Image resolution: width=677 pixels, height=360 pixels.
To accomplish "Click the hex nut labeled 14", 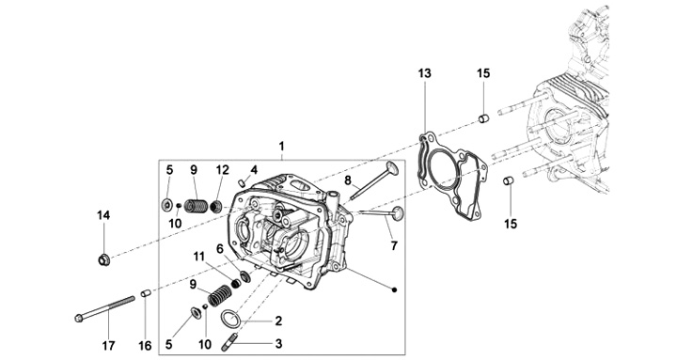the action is (x=103, y=259).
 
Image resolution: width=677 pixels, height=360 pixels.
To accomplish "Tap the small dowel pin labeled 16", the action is (x=146, y=293).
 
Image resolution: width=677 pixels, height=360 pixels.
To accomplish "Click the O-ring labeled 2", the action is (x=231, y=320).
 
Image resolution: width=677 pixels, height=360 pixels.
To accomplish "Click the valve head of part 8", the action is (x=392, y=168).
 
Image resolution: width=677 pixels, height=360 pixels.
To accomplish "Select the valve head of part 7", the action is (x=397, y=212).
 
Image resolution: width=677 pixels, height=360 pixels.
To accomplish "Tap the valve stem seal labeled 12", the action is (x=216, y=207).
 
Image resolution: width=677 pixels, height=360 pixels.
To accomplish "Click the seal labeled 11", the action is (x=236, y=283).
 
